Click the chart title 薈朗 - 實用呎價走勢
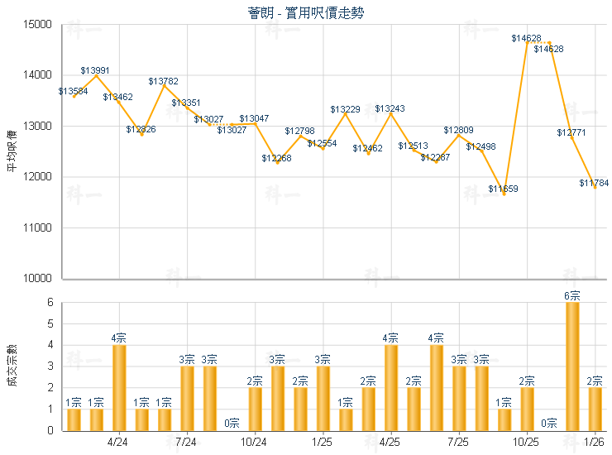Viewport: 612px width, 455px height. pyautogui.click(x=305, y=13)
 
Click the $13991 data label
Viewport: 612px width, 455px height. pyautogui.click(x=95, y=71)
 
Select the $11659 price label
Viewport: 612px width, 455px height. pyautogui.click(x=503, y=189)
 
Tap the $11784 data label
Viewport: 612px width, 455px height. pyautogui.click(x=594, y=183)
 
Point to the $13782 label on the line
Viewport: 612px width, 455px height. pyautogui.click(x=163, y=81)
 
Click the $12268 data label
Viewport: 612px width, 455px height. pyautogui.click(x=276, y=158)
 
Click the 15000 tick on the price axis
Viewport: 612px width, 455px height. pyautogui.click(x=39, y=25)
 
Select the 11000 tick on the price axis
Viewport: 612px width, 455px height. pyautogui.click(x=39, y=227)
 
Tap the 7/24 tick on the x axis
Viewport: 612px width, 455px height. pyautogui.click(x=186, y=442)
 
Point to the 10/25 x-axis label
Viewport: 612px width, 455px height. pyautogui.click(x=527, y=442)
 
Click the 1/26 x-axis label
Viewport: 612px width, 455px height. pyautogui.click(x=595, y=442)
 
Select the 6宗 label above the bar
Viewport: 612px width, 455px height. pyautogui.click(x=572, y=295)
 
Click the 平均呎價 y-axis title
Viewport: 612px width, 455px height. pyautogui.click(x=12, y=151)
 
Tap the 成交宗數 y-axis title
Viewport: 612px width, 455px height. pyautogui.click(x=12, y=366)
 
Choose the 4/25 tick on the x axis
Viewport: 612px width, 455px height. pyautogui.click(x=390, y=442)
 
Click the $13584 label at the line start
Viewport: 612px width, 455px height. pyautogui.click(x=74, y=91)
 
